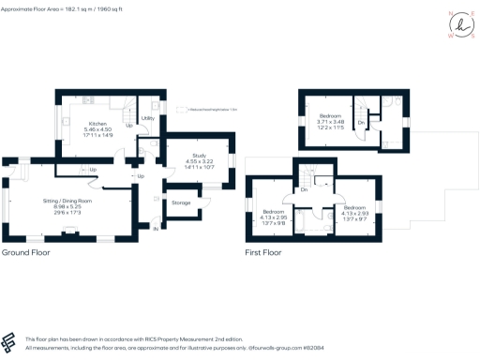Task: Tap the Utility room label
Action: pyautogui.click(x=147, y=118)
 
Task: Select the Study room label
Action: pyautogui.click(x=200, y=156)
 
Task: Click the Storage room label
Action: pyautogui.click(x=182, y=202)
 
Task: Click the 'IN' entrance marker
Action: pyautogui.click(x=156, y=228)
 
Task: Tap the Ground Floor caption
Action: pyautogui.click(x=26, y=253)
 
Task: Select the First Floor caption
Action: pyautogui.click(x=264, y=253)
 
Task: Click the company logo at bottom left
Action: pyautogui.click(x=10, y=341)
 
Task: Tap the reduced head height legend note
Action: pyautogui.click(x=208, y=110)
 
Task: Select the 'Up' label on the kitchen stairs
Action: pyautogui.click(x=128, y=126)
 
